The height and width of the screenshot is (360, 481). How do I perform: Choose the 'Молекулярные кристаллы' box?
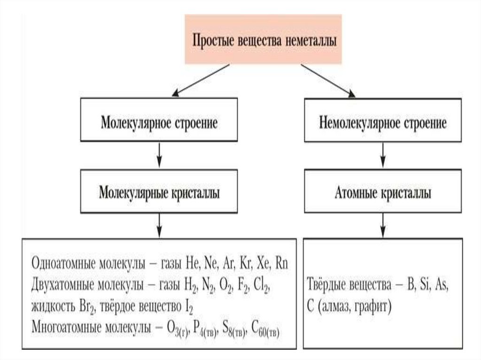[x=159, y=193]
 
